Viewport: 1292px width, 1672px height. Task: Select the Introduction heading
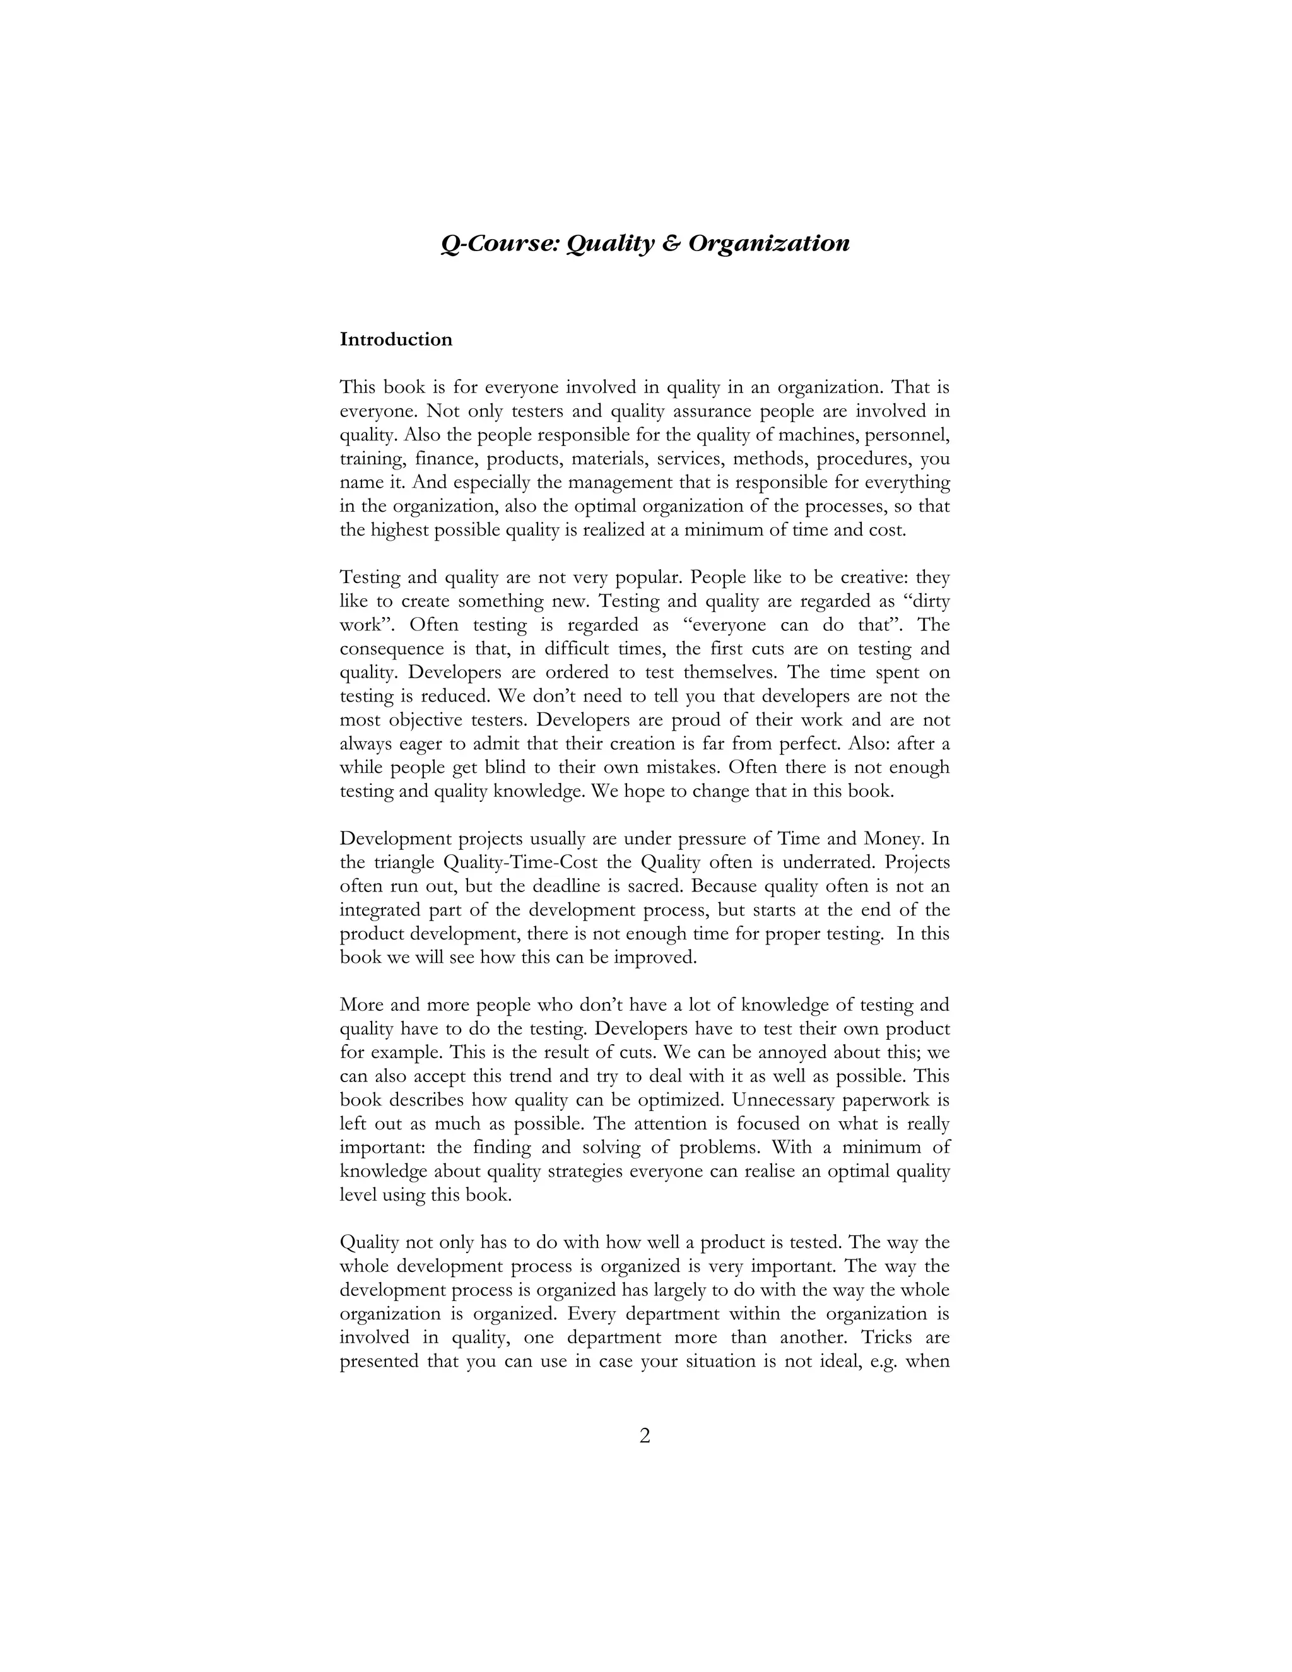click(x=396, y=339)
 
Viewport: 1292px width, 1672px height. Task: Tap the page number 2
click(x=645, y=1436)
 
